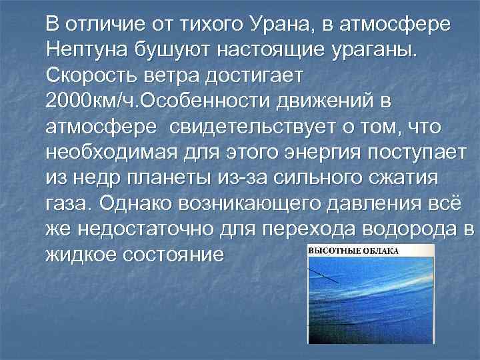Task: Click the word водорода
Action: [414, 227]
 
